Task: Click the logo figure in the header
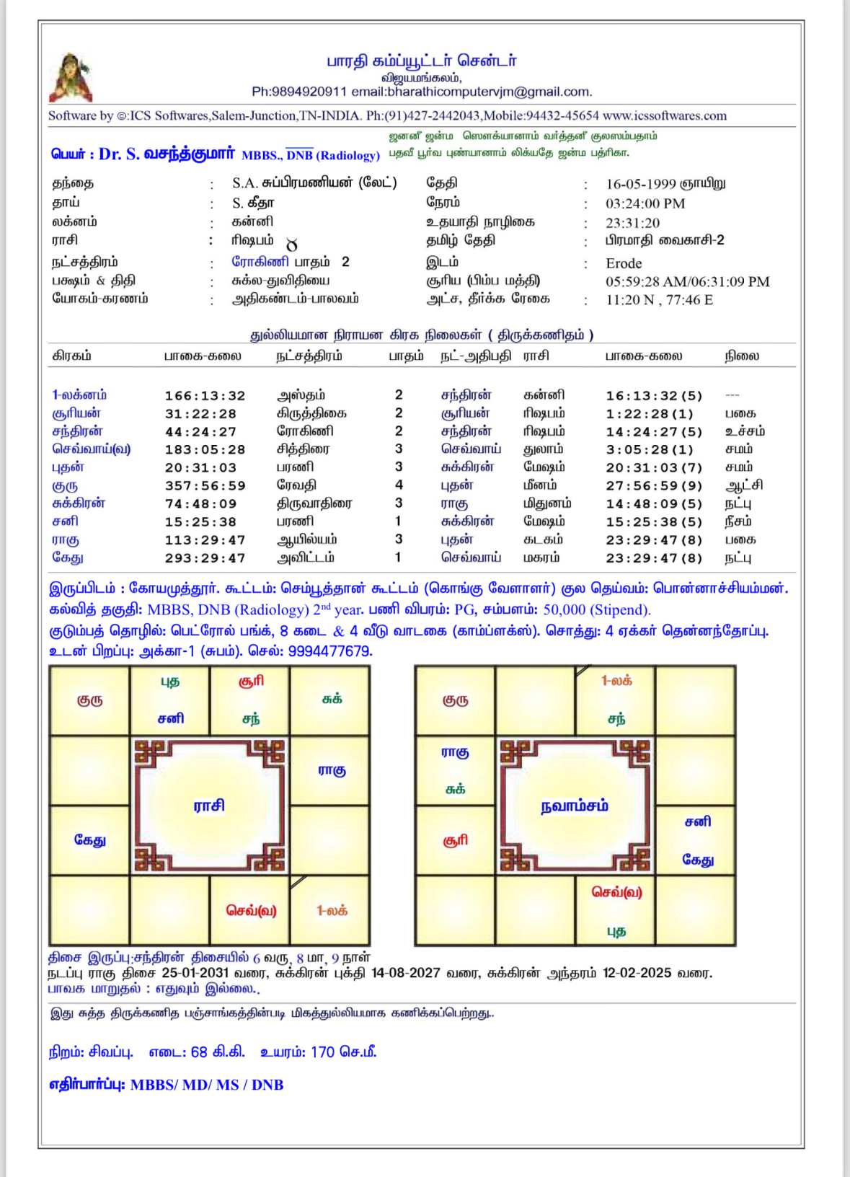pyautogui.click(x=71, y=77)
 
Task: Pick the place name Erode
pyautogui.click(x=624, y=263)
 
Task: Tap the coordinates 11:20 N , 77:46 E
pyautogui.click(x=659, y=300)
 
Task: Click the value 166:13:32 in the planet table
pyautogui.click(x=205, y=396)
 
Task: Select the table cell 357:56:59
pyautogui.click(x=205, y=486)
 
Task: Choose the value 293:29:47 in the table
pyautogui.click(x=205, y=558)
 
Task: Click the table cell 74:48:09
pyautogui.click(x=205, y=504)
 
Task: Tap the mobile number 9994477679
pyautogui.click(x=329, y=651)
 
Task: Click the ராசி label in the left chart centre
pyautogui.click(x=209, y=806)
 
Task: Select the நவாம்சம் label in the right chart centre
pyautogui.click(x=575, y=806)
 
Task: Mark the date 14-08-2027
pyautogui.click(x=405, y=973)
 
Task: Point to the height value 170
pyautogui.click(x=322, y=1052)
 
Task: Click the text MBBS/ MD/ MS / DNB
pyautogui.click(x=206, y=1085)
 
